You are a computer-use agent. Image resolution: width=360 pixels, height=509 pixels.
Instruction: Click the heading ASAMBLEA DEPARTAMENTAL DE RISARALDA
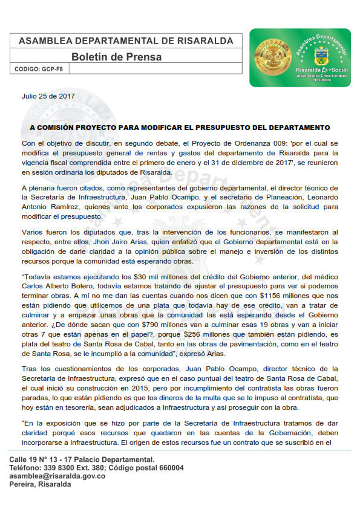point(126,41)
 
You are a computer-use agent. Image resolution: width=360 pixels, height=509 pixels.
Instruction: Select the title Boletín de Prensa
point(117,57)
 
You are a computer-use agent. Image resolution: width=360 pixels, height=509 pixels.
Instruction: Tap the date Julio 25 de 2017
point(48,96)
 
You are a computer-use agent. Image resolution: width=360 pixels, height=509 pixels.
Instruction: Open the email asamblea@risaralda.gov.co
point(57,476)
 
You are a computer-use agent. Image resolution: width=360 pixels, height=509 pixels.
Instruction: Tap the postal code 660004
point(168,468)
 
